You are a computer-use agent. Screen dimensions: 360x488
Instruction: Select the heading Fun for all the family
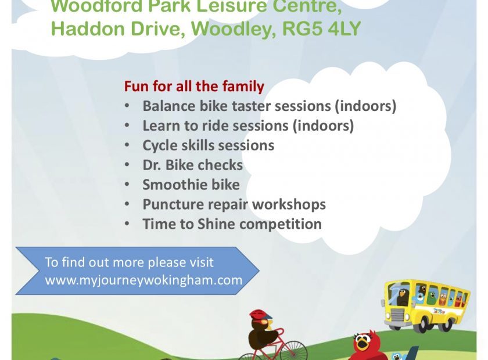point(194,87)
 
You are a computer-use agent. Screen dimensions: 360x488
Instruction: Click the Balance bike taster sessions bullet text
point(269,106)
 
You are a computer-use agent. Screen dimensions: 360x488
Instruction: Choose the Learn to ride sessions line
point(247,125)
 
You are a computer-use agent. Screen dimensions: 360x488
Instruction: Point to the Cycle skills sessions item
point(208,145)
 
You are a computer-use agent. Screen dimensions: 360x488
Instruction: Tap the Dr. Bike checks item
point(192,165)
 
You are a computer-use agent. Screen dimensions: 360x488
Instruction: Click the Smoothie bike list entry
point(191,185)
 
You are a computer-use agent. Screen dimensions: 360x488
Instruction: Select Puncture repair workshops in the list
point(234,204)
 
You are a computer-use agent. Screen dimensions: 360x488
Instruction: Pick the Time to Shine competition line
point(232,224)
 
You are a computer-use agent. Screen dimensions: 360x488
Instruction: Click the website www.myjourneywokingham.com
point(143,280)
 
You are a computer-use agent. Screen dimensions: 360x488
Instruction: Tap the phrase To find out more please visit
point(129,262)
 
